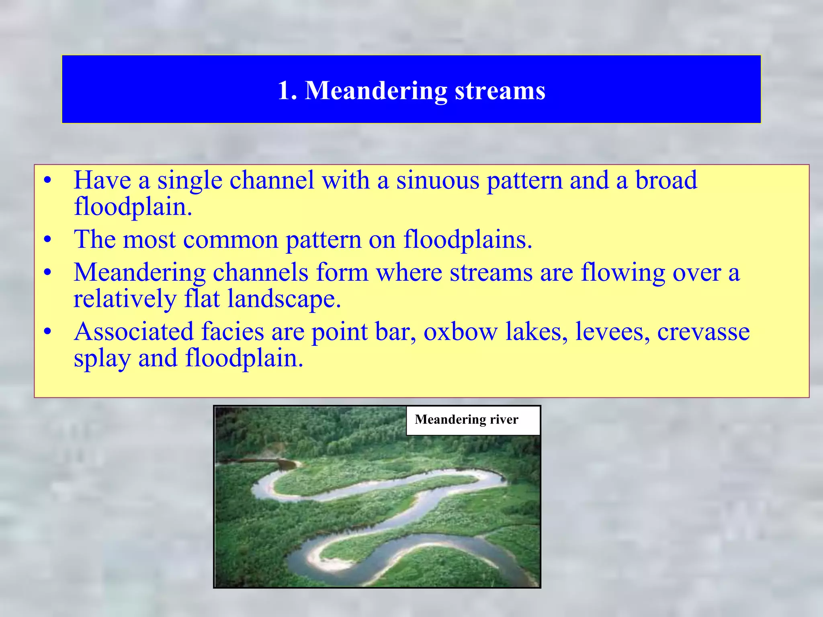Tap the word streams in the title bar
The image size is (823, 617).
pyautogui.click(x=500, y=91)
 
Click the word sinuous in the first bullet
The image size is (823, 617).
pyautogui.click(x=438, y=180)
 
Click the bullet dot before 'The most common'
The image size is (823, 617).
pyautogui.click(x=48, y=240)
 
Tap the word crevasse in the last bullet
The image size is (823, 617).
pyautogui.click(x=703, y=332)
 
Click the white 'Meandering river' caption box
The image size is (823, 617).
pyautogui.click(x=473, y=420)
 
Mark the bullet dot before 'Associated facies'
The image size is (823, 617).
pyautogui.click(x=48, y=333)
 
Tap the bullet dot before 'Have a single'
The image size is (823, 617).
pyautogui.click(x=48, y=181)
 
